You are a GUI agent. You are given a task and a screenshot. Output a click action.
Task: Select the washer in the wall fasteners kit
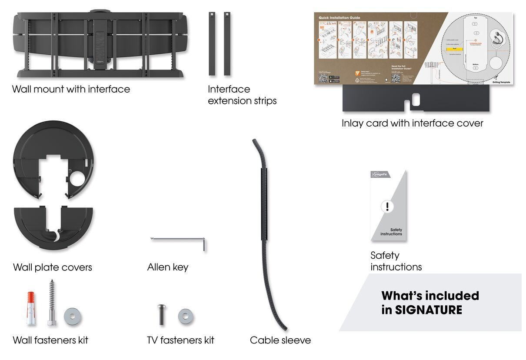[72, 317]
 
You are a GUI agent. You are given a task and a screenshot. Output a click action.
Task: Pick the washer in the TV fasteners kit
[186, 316]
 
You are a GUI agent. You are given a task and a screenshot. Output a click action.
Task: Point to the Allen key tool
[178, 239]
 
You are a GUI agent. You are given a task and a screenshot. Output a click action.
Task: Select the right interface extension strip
[227, 43]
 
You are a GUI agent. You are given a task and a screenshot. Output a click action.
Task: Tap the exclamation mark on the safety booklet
[387, 206]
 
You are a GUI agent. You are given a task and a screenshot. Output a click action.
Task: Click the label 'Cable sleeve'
[280, 340]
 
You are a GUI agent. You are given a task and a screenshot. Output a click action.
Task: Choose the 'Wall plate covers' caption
[53, 267]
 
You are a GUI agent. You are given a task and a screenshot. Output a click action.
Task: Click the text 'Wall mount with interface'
[71, 89]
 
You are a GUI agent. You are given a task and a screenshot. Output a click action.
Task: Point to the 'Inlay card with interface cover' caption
[412, 123]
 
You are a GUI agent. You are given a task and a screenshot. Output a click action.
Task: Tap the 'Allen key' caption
[168, 267]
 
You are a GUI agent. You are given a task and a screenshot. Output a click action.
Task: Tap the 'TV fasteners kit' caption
[180, 340]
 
